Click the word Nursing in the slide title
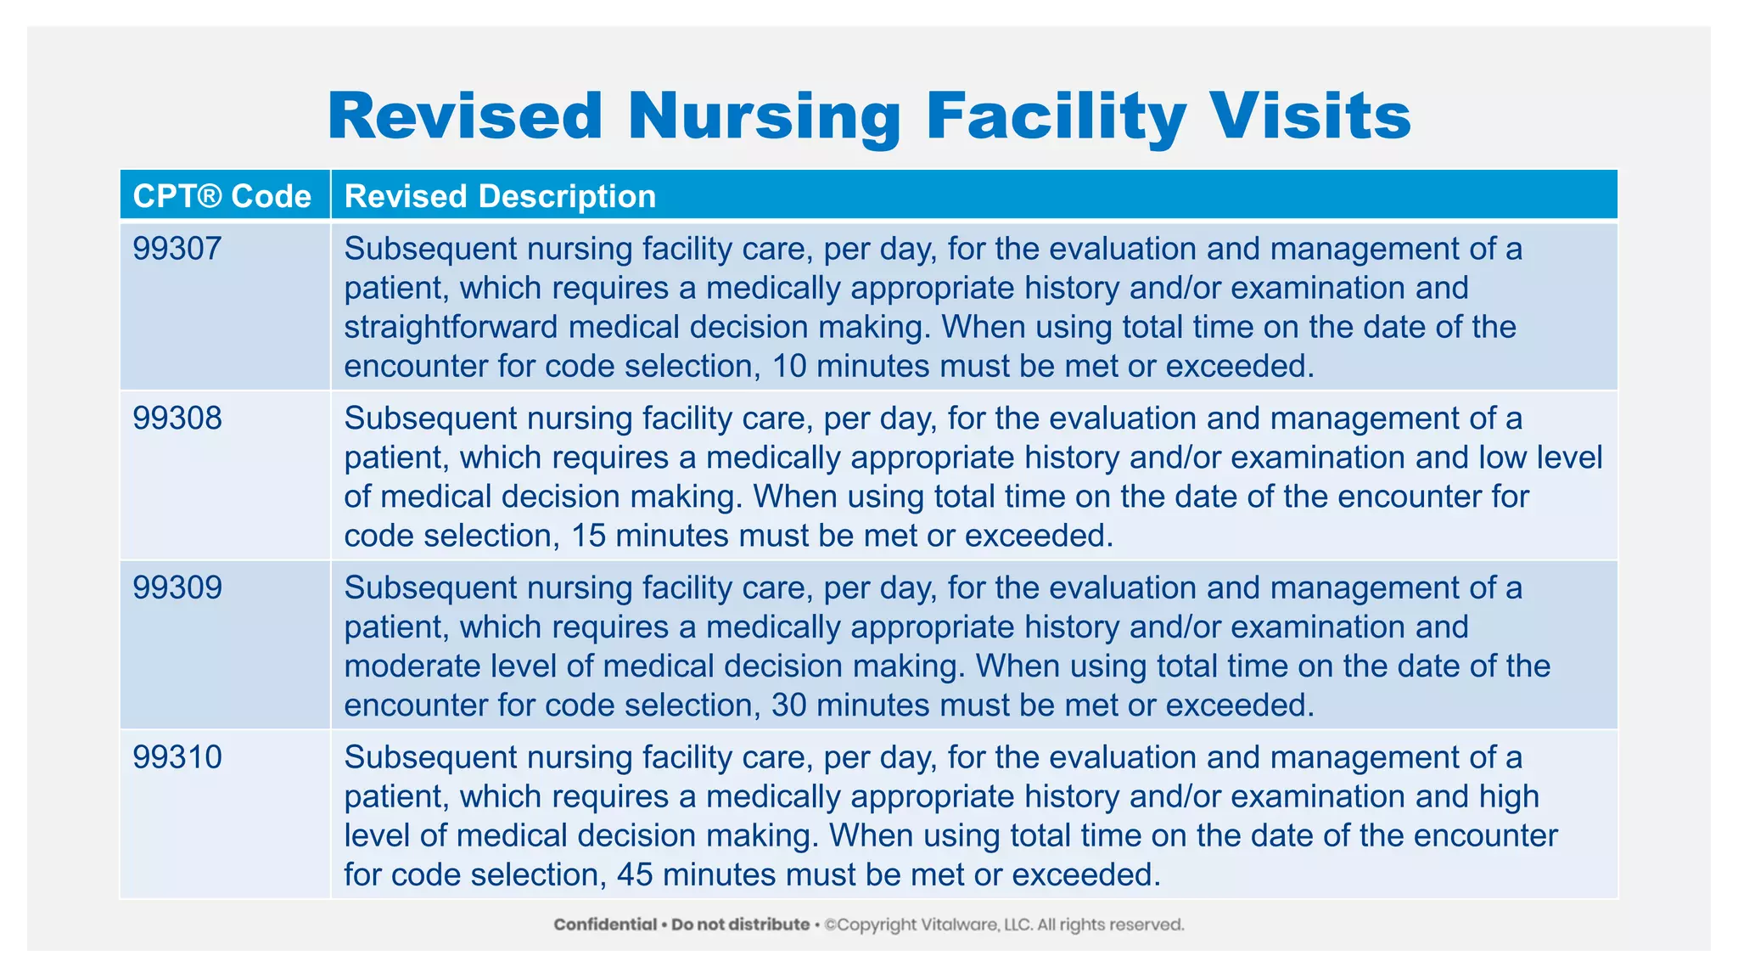coord(764,117)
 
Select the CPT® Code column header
coord(222,196)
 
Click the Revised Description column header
coord(500,196)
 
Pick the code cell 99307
coord(177,249)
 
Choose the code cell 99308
coord(177,419)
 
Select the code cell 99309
coord(177,587)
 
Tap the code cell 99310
coord(177,757)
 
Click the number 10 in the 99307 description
coord(789,366)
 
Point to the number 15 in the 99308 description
coord(588,536)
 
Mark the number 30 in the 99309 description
coord(789,705)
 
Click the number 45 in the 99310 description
coord(635,874)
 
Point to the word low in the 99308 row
coord(1503,458)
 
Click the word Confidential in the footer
coord(605,925)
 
